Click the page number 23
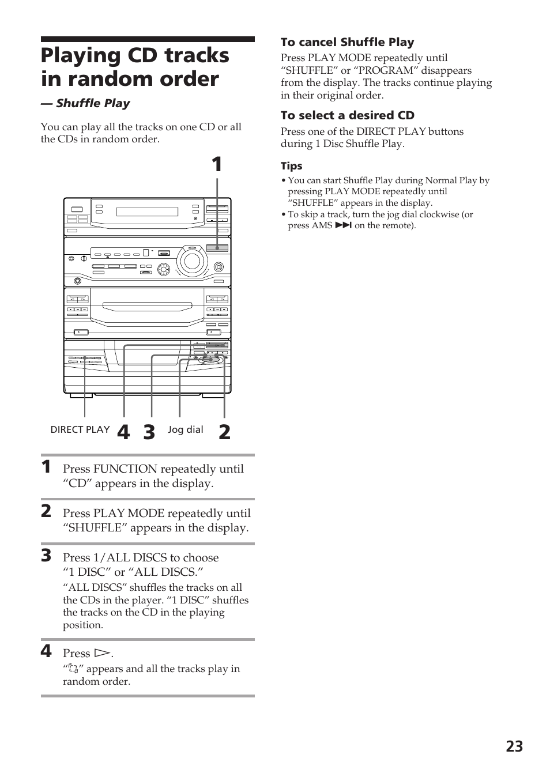point(514,746)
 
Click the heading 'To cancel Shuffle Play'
point(347,42)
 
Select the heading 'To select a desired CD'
point(347,115)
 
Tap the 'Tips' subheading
point(291,166)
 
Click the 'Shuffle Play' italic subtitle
point(92,103)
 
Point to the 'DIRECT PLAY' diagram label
point(80,429)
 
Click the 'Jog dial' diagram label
point(185,429)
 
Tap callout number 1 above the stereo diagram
point(216,165)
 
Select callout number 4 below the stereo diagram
point(123,432)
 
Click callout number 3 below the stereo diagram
point(149,432)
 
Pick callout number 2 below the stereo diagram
point(224,432)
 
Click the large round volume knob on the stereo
point(191,261)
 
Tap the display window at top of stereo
point(147,212)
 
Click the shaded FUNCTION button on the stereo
point(217,248)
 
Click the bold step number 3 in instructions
point(46,556)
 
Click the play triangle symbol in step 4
point(101,654)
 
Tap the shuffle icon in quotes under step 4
point(73,669)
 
